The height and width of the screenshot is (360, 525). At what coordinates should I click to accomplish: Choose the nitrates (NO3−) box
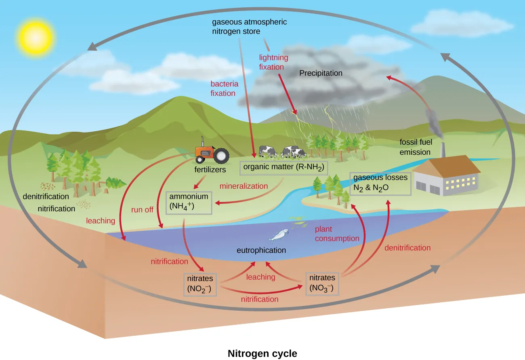(322, 283)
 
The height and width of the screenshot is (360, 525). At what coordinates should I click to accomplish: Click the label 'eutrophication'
(261, 251)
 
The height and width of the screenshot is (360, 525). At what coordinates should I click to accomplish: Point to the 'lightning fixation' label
(271, 62)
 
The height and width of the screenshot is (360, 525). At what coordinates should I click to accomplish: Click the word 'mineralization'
(244, 186)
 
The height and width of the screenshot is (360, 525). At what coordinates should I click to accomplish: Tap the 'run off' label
(142, 210)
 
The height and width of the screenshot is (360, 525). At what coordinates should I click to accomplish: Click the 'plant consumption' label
(337, 234)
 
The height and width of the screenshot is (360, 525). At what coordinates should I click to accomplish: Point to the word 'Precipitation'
(321, 74)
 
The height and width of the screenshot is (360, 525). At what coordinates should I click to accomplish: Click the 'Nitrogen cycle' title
(262, 354)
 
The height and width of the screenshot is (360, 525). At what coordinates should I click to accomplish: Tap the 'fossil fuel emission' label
(415, 147)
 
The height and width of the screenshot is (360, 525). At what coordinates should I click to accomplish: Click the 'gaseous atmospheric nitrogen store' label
(249, 27)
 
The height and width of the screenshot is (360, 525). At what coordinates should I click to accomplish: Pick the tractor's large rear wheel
(221, 156)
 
